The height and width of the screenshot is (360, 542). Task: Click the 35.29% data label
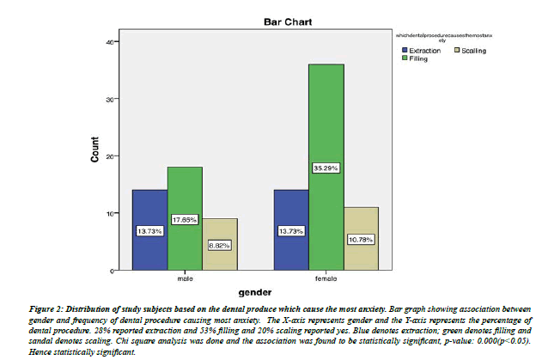326,168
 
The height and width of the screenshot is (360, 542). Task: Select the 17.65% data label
185,219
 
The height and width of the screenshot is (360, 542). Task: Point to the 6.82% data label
220,245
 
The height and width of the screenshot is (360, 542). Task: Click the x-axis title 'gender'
255,292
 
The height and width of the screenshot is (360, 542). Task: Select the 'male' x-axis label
185,278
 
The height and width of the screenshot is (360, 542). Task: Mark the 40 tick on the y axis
109,41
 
